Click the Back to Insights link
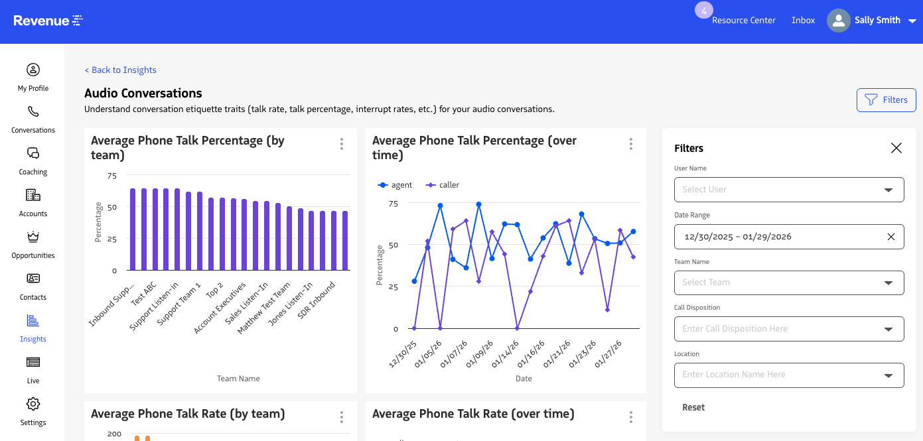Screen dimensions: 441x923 click(x=120, y=70)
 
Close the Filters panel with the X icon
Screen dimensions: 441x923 click(x=896, y=148)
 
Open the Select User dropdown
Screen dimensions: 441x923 click(x=788, y=190)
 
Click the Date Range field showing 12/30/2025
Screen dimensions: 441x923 click(x=776, y=237)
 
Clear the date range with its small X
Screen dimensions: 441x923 click(x=890, y=237)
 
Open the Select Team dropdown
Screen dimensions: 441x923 click(x=788, y=283)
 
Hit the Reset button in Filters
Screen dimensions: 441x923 click(x=693, y=407)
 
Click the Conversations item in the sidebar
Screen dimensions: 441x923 click(x=33, y=119)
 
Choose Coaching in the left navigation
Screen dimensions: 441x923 click(x=33, y=161)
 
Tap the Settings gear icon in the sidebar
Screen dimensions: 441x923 click(x=33, y=404)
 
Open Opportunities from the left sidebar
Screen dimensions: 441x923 click(x=33, y=245)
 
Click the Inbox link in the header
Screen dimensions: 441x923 click(x=803, y=21)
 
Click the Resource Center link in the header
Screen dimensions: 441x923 click(x=743, y=21)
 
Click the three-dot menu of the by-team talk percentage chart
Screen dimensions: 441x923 click(x=341, y=144)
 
